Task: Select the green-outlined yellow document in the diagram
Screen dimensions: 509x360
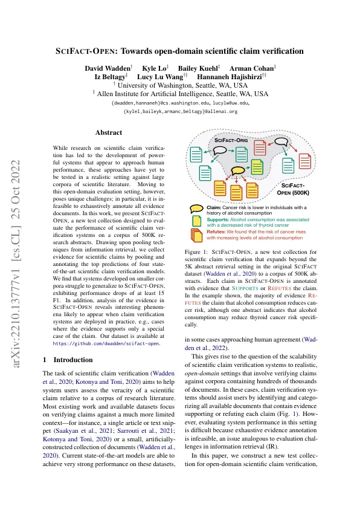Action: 257,166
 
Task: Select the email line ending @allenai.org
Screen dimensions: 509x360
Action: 179,112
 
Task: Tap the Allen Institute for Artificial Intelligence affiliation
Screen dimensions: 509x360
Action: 179,94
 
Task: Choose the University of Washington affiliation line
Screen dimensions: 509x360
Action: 179,86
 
